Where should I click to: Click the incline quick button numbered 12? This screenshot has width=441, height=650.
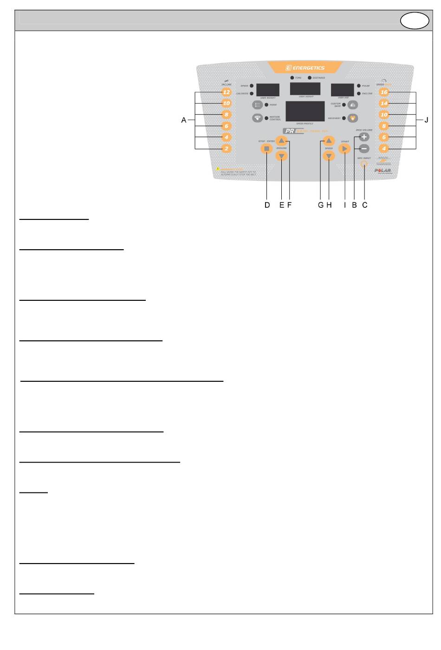pyautogui.click(x=227, y=92)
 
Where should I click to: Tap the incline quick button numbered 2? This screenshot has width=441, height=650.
pyautogui.click(x=227, y=149)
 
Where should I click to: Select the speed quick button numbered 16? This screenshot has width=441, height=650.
pyautogui.click(x=384, y=92)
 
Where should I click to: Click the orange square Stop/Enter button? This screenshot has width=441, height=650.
pyautogui.click(x=266, y=149)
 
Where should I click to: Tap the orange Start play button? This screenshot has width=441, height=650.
pyautogui.click(x=344, y=149)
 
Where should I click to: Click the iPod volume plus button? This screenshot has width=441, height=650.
pyautogui.click(x=364, y=137)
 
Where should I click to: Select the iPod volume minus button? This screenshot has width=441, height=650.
pyautogui.click(x=364, y=149)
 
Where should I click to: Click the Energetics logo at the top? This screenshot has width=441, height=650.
pyautogui.click(x=305, y=68)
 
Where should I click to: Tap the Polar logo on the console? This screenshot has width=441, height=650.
pyautogui.click(x=383, y=171)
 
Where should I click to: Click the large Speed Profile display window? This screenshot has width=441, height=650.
pyautogui.click(x=305, y=111)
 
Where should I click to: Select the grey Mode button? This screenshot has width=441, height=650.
pyautogui.click(x=257, y=105)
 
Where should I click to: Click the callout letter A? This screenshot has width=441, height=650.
pyautogui.click(x=184, y=120)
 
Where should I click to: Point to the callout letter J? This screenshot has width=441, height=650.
pyautogui.click(x=427, y=120)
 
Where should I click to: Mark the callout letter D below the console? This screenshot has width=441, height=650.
pyautogui.click(x=267, y=205)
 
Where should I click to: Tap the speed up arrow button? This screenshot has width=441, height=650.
pyautogui.click(x=328, y=140)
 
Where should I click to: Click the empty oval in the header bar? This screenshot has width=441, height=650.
pyautogui.click(x=415, y=20)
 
